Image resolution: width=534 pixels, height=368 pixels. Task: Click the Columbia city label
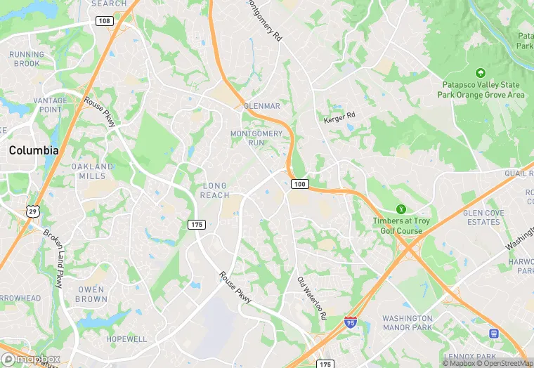coord(33,150)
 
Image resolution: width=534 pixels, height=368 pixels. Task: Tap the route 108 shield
coord(105,21)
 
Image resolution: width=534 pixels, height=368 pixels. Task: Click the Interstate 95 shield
coord(351,323)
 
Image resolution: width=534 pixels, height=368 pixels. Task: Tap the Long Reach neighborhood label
coord(215,190)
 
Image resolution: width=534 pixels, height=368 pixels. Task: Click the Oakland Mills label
coord(92,171)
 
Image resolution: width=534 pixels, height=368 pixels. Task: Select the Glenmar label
coord(261,106)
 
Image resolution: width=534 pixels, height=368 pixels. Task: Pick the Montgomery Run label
coord(256,138)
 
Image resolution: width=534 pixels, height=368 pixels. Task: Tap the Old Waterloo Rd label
coord(312,298)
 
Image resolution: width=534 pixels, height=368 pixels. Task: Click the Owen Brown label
coord(91,294)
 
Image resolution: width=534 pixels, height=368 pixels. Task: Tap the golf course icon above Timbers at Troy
coord(401,209)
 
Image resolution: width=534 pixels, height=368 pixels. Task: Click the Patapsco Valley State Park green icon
coord(481,73)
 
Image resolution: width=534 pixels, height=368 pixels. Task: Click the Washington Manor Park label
coord(408,323)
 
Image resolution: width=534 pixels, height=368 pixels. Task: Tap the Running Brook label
coord(26,59)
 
